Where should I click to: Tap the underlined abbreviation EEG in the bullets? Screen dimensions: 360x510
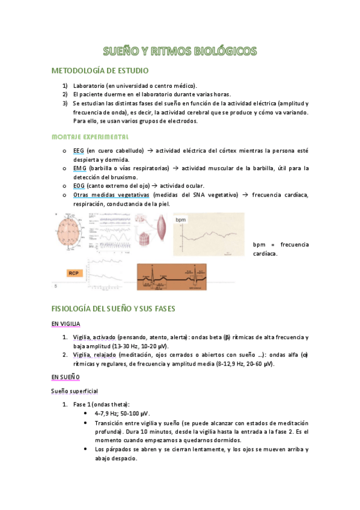(x=78, y=150)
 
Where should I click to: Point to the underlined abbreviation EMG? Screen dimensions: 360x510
(x=79, y=168)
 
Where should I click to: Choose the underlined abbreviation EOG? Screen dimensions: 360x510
(x=79, y=186)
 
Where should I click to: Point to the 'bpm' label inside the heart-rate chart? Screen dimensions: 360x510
(x=181, y=221)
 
